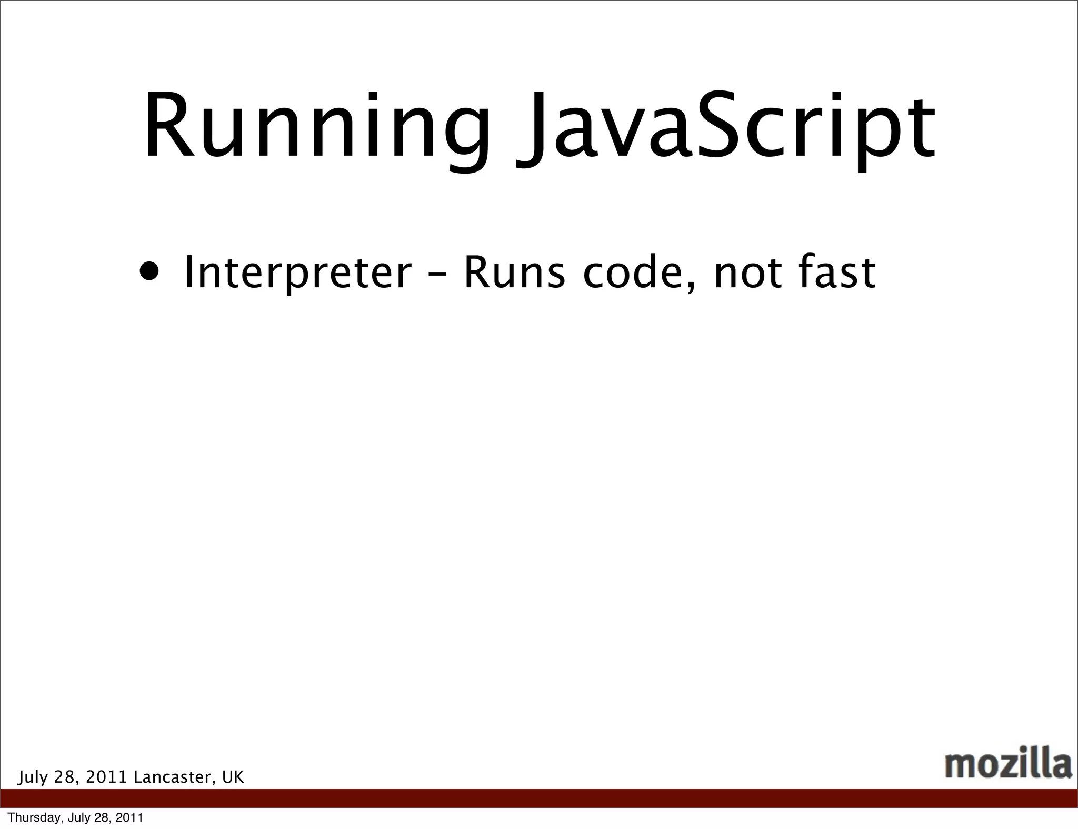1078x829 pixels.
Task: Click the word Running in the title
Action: (316, 126)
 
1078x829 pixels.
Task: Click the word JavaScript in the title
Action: (726, 126)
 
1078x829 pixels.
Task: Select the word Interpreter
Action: (297, 274)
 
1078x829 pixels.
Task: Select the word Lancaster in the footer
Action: (173, 776)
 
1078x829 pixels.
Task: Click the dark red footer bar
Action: (539, 798)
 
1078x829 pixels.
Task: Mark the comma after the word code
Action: (692, 287)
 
